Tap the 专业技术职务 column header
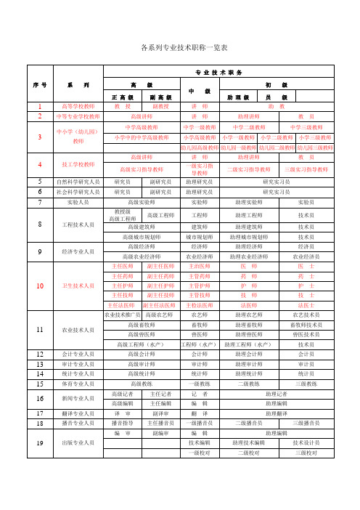(x=219, y=73)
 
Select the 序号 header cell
(x=40, y=85)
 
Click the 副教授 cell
(x=159, y=106)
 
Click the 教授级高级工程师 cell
(x=122, y=215)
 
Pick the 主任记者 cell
(x=159, y=393)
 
